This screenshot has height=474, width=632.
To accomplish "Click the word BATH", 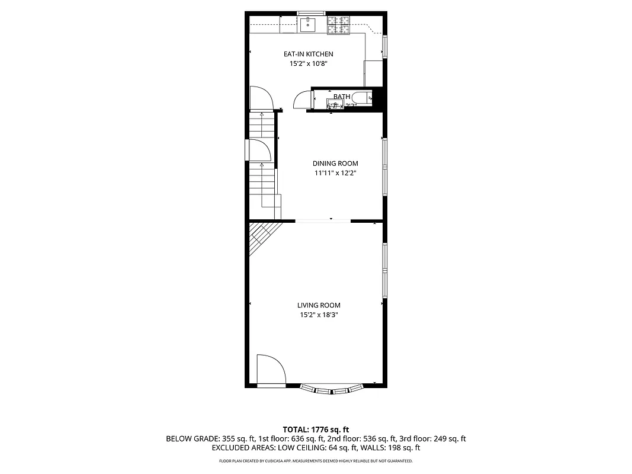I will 342,97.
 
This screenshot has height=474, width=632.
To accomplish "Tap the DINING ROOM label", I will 335,164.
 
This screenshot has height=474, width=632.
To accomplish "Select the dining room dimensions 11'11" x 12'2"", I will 335,174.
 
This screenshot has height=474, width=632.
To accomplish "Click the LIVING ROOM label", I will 319,306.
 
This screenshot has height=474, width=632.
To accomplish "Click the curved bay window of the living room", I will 331,390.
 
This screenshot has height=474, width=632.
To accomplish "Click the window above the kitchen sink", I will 311,13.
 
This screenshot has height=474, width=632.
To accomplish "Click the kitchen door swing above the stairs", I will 260,98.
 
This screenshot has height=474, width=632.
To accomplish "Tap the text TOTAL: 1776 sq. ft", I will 316,429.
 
